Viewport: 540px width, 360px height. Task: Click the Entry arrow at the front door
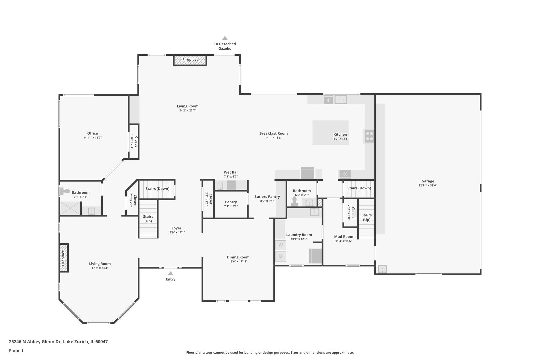pos(170,273)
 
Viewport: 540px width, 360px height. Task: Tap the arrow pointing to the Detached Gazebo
pos(225,38)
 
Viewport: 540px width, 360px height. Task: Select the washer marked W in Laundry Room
pos(280,245)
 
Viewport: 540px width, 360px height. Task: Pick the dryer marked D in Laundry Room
pos(280,256)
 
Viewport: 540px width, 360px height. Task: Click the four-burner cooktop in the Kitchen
pos(369,136)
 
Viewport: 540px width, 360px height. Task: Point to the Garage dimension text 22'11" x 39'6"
pos(428,186)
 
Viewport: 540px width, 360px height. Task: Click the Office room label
pos(92,133)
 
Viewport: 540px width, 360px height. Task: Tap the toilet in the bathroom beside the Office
pos(65,191)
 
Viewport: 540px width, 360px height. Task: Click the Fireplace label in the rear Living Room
pos(190,60)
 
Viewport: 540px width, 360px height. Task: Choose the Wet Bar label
pos(231,172)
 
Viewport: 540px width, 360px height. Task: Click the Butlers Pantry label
pos(267,197)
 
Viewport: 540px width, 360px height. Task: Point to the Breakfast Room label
pos(273,133)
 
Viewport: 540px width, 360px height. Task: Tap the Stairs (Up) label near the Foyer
pos(148,219)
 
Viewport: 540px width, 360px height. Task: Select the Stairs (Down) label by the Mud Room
pos(359,188)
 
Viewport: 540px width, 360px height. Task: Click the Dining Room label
pos(238,257)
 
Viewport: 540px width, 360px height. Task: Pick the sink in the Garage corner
pos(382,269)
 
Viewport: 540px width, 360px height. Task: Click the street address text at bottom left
pos(58,342)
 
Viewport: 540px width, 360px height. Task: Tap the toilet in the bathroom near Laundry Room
pos(294,200)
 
